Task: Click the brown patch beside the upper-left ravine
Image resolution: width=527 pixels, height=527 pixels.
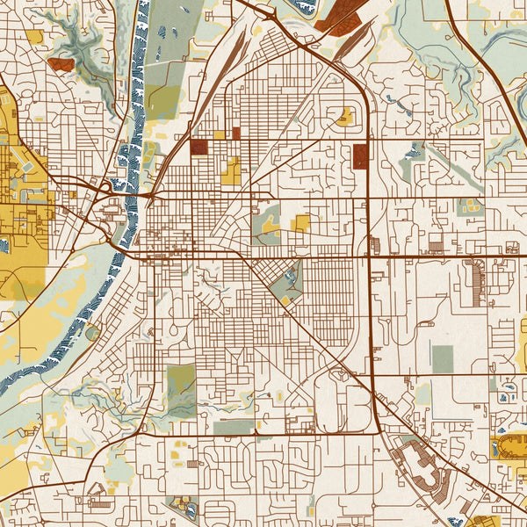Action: pyautogui.click(x=61, y=64)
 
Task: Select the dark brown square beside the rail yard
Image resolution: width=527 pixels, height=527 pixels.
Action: pyautogui.click(x=199, y=147)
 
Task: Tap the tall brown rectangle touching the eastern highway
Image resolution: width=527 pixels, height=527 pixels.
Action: pyautogui.click(x=360, y=156)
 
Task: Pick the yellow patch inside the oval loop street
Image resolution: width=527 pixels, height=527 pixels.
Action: pyautogui.click(x=345, y=116)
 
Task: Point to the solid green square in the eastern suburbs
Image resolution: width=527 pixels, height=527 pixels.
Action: pyautogui.click(x=443, y=358)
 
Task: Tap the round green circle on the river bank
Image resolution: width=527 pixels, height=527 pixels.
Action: pyautogui.click(x=92, y=333)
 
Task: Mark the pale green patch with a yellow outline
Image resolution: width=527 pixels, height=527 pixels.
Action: pyautogui.click(x=470, y=206)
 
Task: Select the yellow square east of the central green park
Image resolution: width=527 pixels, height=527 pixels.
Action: pyautogui.click(x=300, y=223)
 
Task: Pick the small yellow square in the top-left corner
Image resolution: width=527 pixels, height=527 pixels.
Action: pyautogui.click(x=34, y=37)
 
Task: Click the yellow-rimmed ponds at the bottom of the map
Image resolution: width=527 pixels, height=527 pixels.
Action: pyautogui.click(x=185, y=507)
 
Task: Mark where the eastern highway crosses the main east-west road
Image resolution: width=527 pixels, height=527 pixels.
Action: pyautogui.click(x=371, y=256)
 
